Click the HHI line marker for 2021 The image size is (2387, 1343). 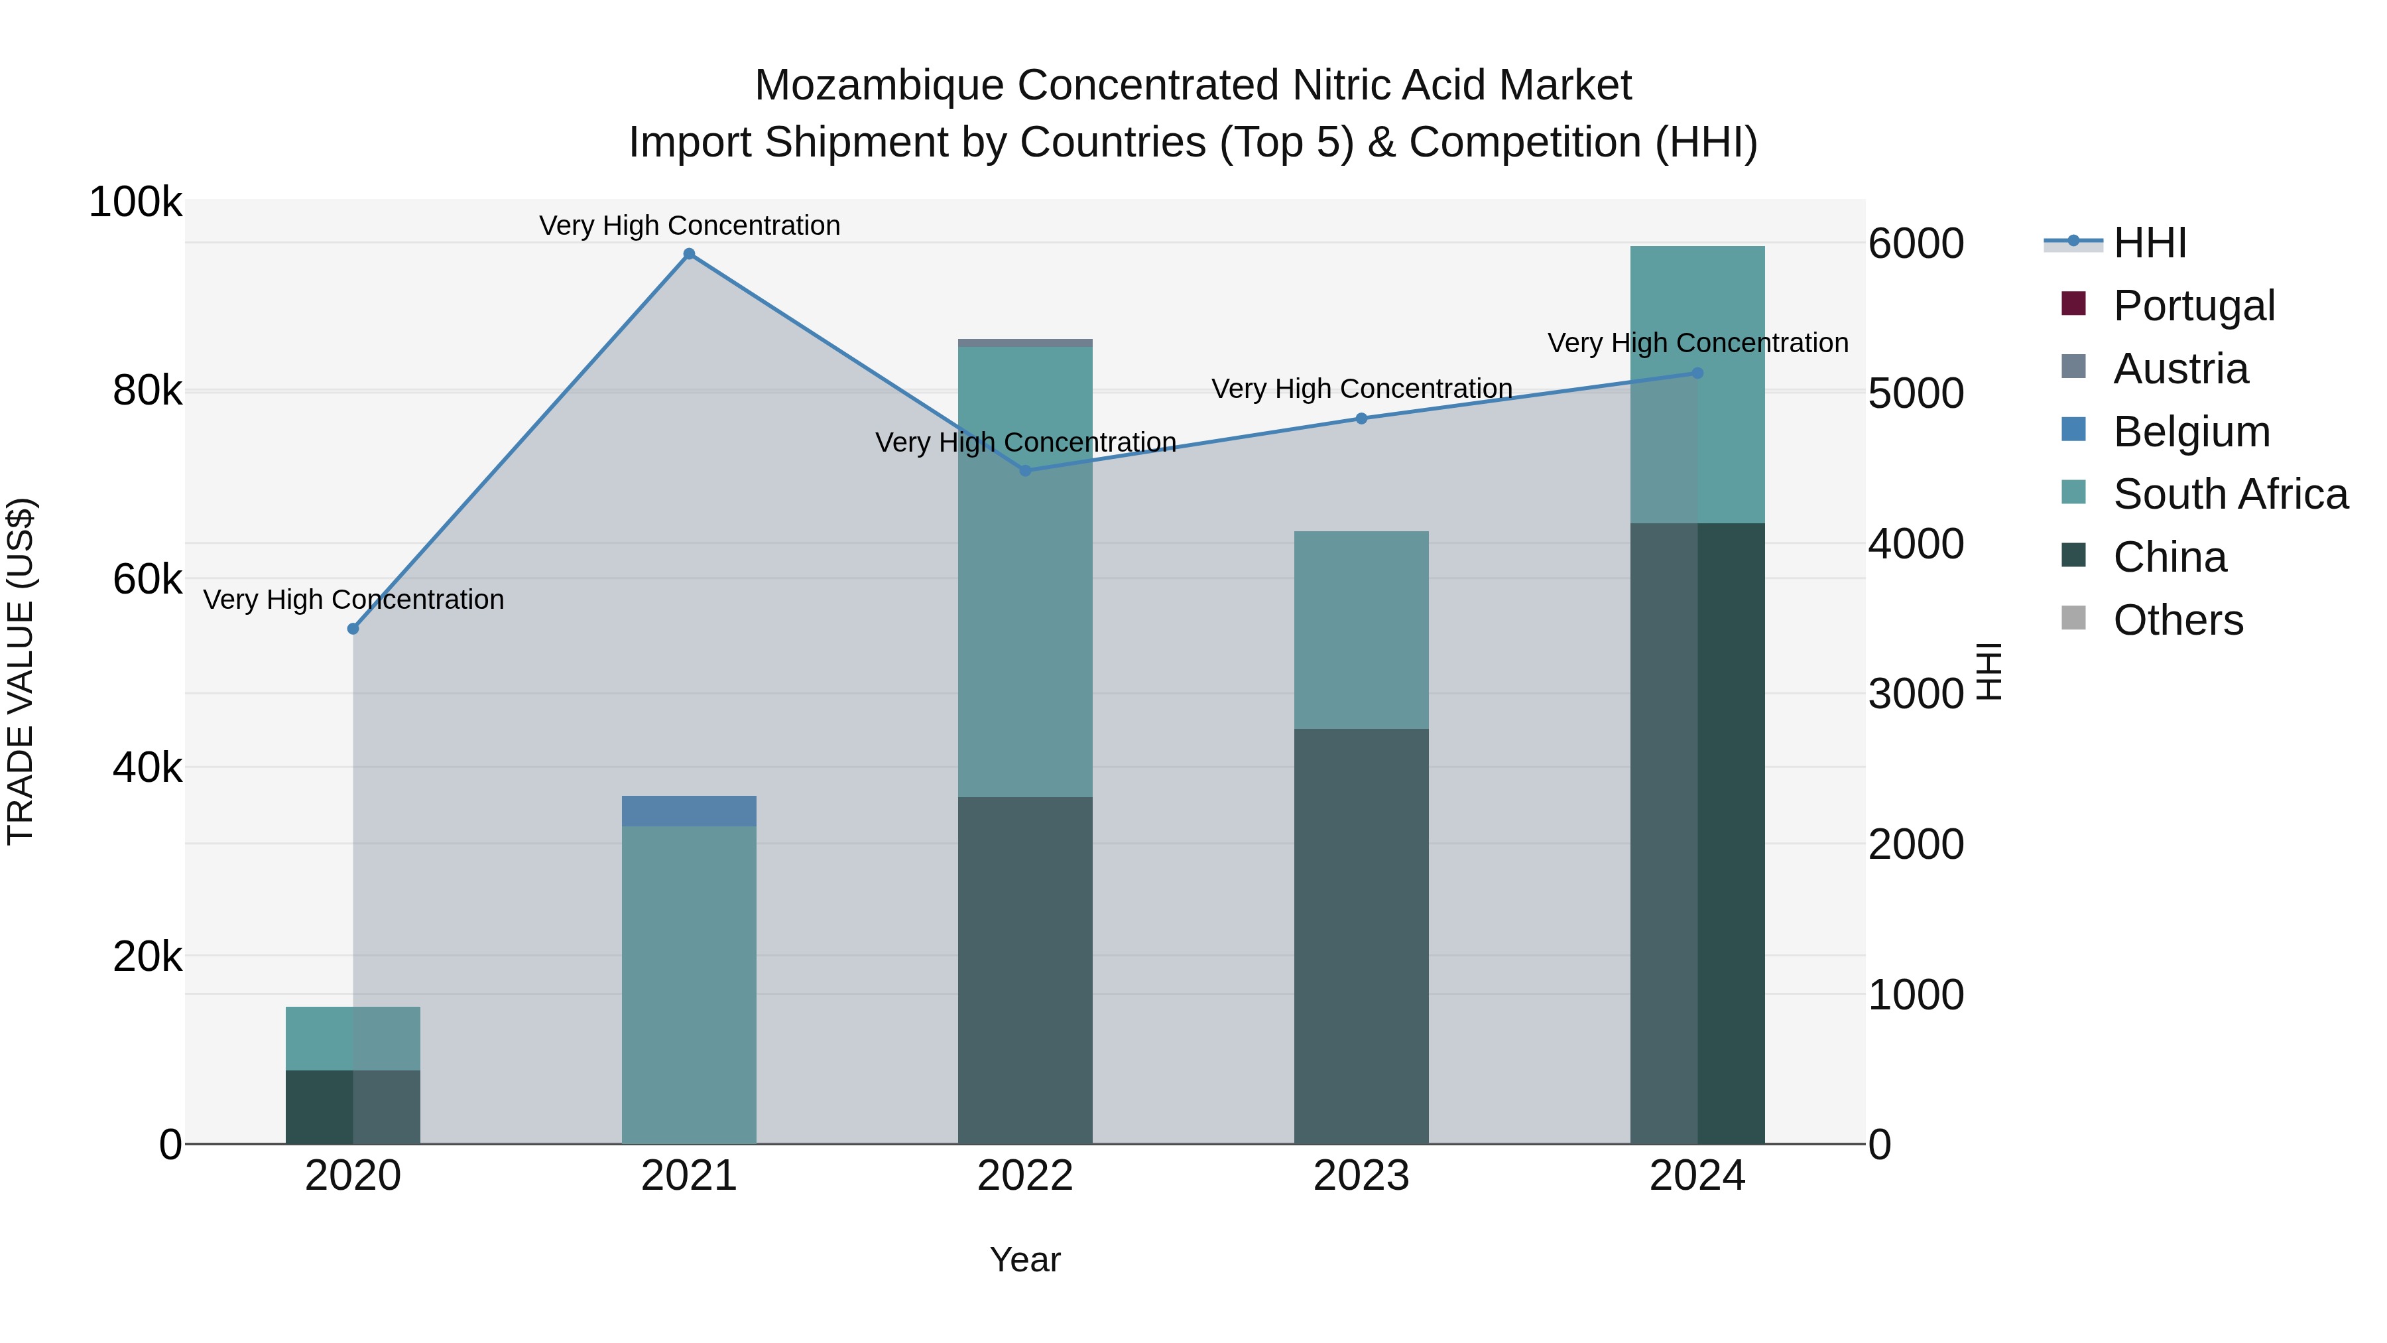tap(688, 254)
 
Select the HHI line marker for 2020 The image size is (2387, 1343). tap(353, 629)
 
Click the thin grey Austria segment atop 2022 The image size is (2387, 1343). tap(1025, 343)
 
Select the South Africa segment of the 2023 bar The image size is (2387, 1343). tap(1361, 630)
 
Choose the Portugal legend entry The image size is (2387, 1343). tap(2193, 306)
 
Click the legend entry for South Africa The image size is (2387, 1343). tap(2229, 494)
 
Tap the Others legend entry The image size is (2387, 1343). tap(2177, 620)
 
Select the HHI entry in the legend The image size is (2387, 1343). tap(2150, 243)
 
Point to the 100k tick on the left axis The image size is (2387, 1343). tap(135, 202)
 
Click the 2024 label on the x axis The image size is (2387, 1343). tap(1697, 1176)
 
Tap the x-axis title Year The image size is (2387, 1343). tap(1025, 1259)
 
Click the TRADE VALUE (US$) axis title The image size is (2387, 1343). tap(21, 671)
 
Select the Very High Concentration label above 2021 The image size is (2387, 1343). tap(690, 225)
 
